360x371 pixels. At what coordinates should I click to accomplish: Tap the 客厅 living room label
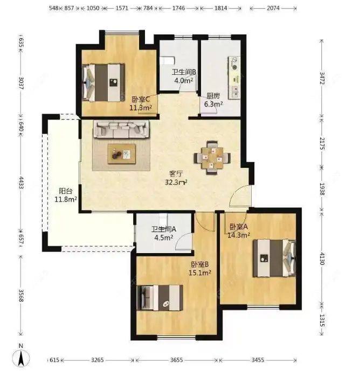click(176, 174)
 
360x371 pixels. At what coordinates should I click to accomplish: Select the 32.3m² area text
click(176, 182)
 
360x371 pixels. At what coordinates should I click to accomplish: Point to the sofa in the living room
click(121, 129)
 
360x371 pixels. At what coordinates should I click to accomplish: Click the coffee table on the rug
click(122, 154)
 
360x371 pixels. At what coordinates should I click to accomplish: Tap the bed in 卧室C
click(103, 82)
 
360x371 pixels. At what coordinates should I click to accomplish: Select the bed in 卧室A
click(274, 258)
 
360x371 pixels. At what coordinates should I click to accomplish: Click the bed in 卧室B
click(160, 298)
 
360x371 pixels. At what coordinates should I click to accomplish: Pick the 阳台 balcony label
click(65, 191)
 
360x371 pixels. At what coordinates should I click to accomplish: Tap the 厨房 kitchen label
click(213, 96)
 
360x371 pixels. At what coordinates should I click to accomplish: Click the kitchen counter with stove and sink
click(234, 78)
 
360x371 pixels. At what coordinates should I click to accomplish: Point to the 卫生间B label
click(184, 72)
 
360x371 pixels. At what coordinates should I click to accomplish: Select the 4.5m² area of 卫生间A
click(163, 237)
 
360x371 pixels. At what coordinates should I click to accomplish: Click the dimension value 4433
click(21, 183)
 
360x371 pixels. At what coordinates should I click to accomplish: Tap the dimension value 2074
click(273, 8)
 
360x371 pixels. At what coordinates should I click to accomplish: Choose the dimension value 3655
click(176, 360)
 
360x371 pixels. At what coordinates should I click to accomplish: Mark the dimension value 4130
click(322, 258)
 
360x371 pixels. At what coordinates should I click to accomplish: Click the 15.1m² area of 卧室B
click(199, 273)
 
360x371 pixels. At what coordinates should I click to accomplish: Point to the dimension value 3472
click(322, 78)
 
